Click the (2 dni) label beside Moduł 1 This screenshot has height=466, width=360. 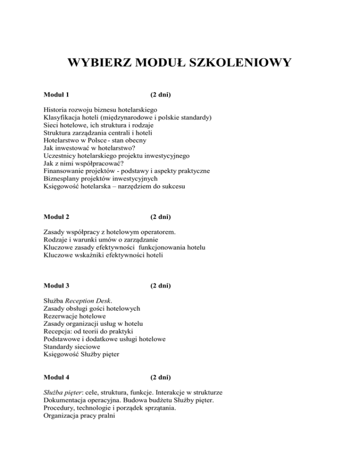coord(157,95)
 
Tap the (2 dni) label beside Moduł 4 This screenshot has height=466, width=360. coord(157,376)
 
